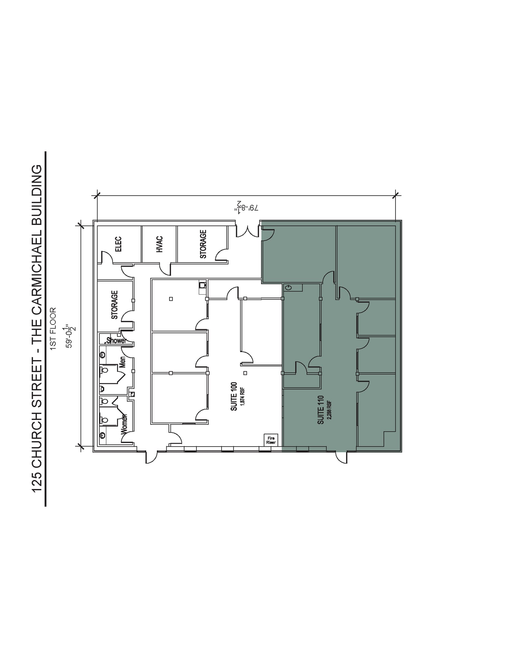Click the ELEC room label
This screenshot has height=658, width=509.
click(118, 244)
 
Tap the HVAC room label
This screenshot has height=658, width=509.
click(160, 244)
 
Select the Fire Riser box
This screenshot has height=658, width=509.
click(271, 440)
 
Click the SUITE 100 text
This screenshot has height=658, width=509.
click(234, 396)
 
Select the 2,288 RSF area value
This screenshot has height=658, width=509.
click(330, 410)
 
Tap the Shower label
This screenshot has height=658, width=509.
click(116, 340)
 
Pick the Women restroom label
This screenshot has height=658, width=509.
click(124, 424)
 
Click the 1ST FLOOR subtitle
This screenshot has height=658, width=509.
click(53, 328)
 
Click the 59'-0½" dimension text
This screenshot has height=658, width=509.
click(70, 336)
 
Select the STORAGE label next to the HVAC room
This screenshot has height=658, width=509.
click(203, 244)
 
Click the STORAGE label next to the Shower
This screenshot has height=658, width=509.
click(114, 305)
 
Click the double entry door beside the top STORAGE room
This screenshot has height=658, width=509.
click(248, 231)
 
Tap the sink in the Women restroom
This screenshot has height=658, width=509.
click(103, 435)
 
